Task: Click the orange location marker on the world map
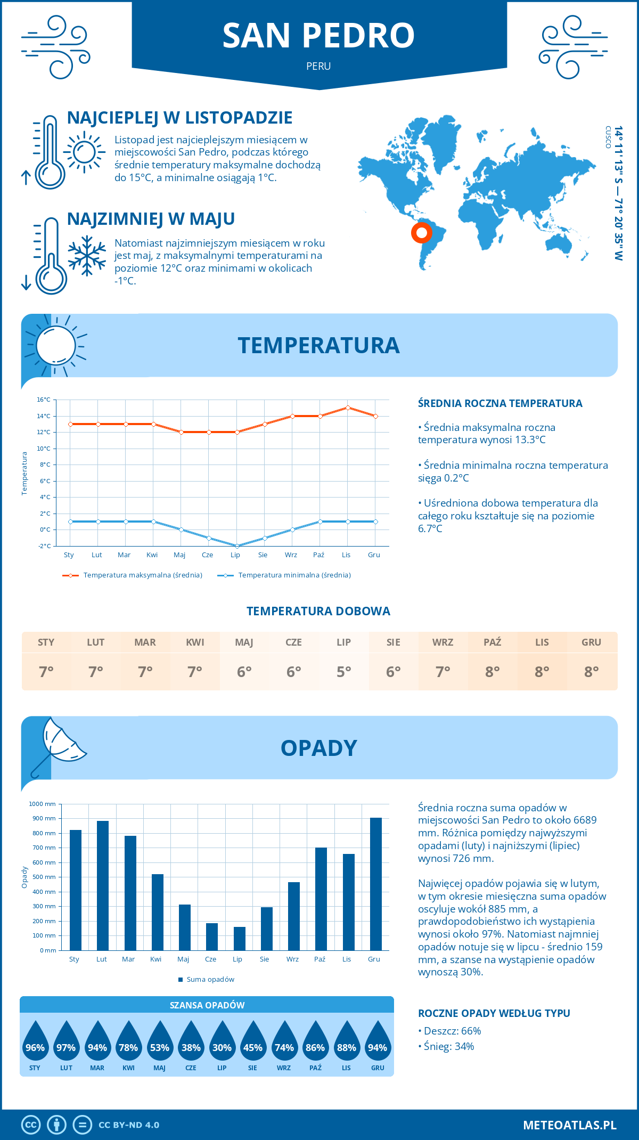coord(421,233)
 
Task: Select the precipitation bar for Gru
coord(375,884)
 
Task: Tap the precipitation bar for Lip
coord(239,939)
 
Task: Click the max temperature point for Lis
coord(348,408)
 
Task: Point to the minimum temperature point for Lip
coord(237,546)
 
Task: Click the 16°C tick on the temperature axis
coord(44,400)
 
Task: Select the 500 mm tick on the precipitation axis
coord(44,877)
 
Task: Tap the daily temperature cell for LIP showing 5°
coord(343,672)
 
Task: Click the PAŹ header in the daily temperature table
coord(492,642)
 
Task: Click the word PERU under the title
coord(318,66)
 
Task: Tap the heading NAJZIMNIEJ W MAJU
coord(151,219)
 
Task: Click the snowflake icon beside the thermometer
coord(87,256)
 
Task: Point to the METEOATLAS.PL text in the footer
coord(569,1125)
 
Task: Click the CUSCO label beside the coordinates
coord(608,137)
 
